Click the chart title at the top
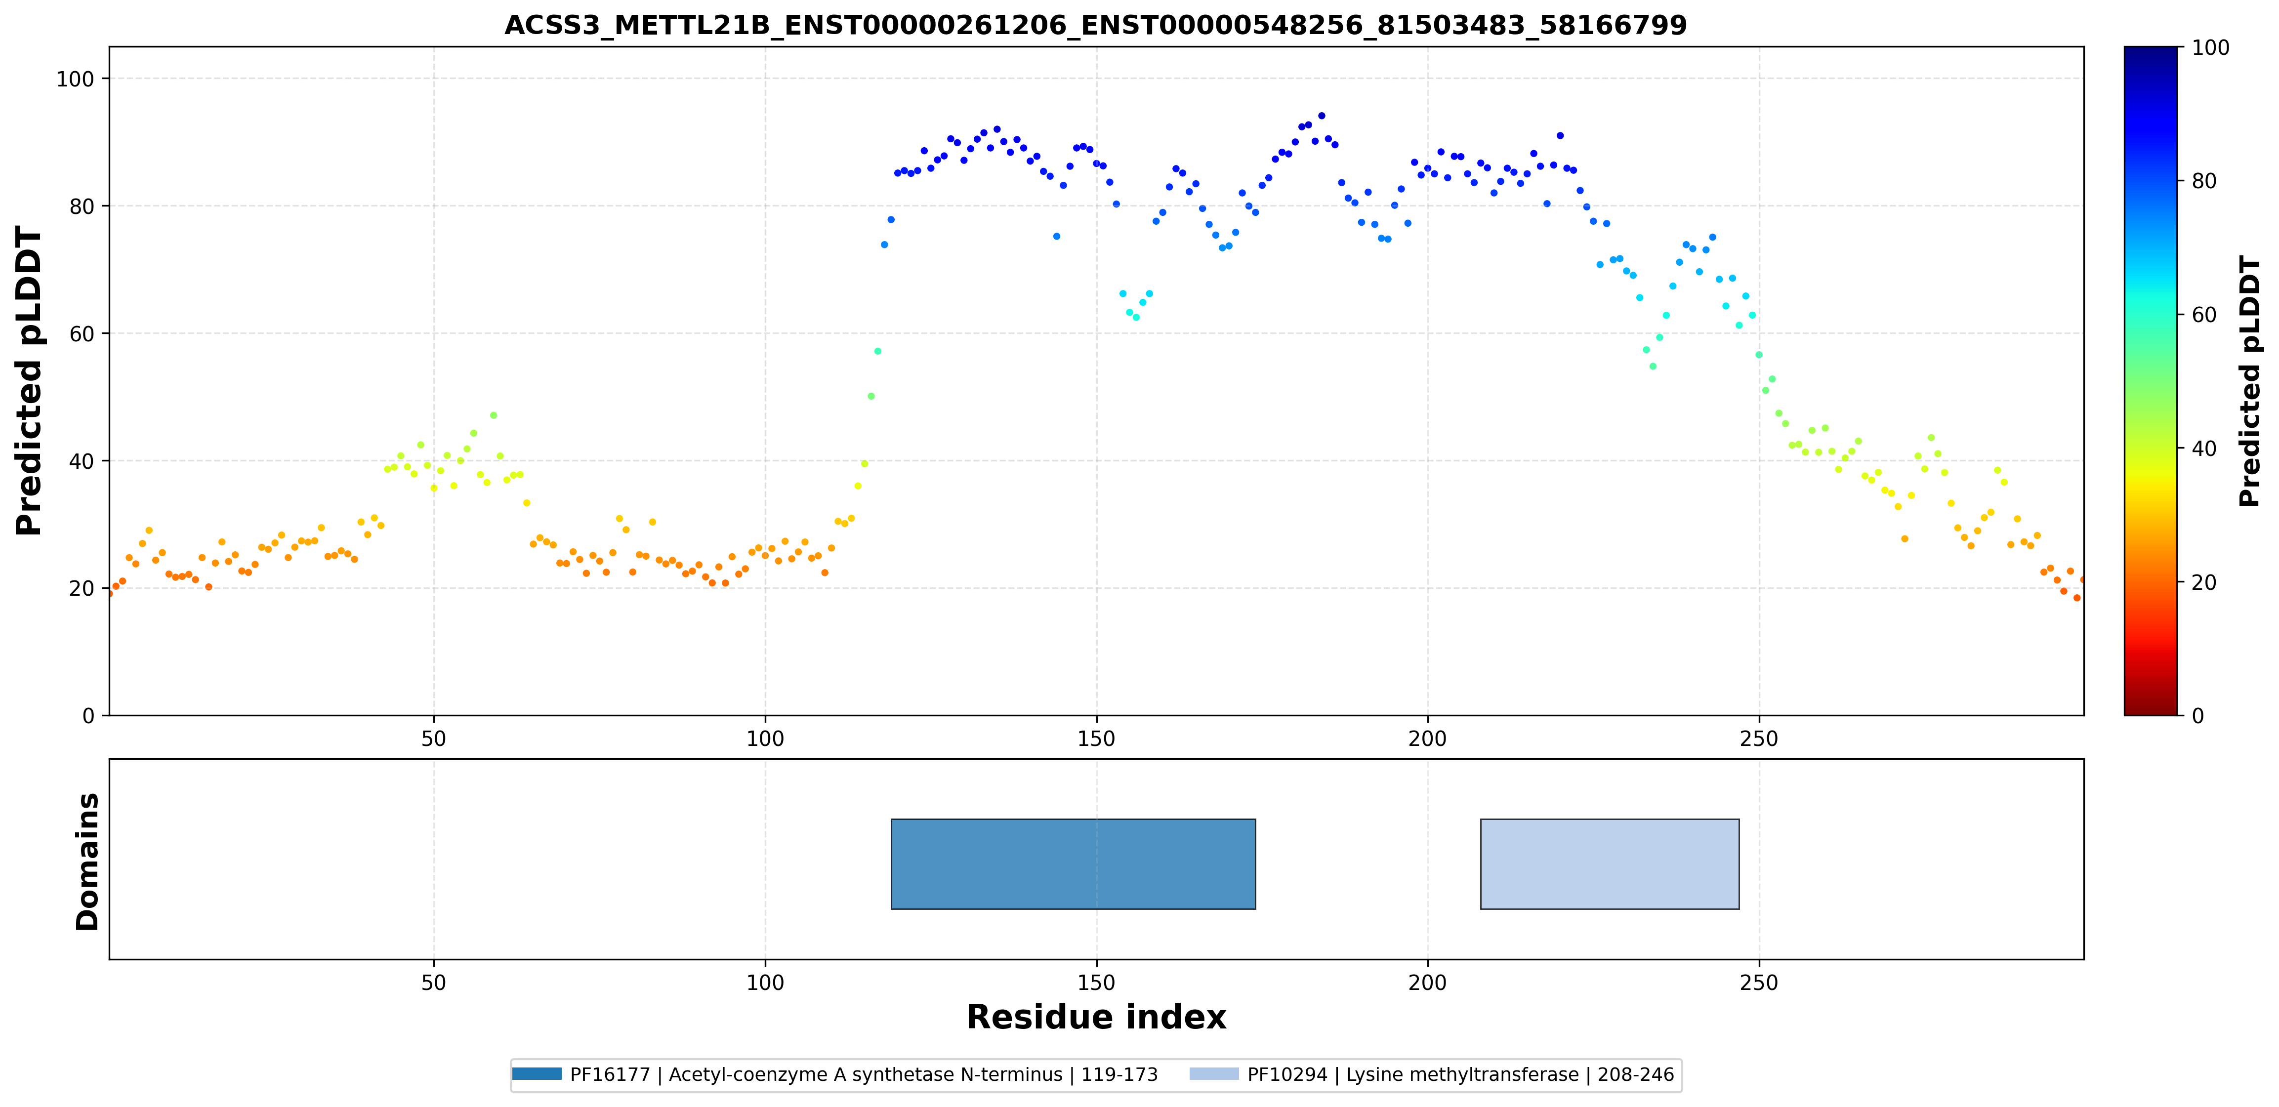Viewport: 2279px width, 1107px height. pyautogui.click(x=1095, y=25)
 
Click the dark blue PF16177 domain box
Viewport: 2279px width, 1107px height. pyautogui.click(x=1073, y=863)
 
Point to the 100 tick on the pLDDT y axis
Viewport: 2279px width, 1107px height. pyautogui.click(x=75, y=79)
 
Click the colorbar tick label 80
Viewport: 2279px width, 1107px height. pyautogui.click(x=2204, y=180)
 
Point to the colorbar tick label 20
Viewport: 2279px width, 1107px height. pyautogui.click(x=2204, y=582)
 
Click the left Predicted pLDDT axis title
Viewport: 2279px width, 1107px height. pyautogui.click(x=29, y=381)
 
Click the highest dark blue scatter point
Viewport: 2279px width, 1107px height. pyautogui.click(x=1322, y=115)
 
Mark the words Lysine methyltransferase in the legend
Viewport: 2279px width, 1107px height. pyautogui.click(x=1462, y=1074)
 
